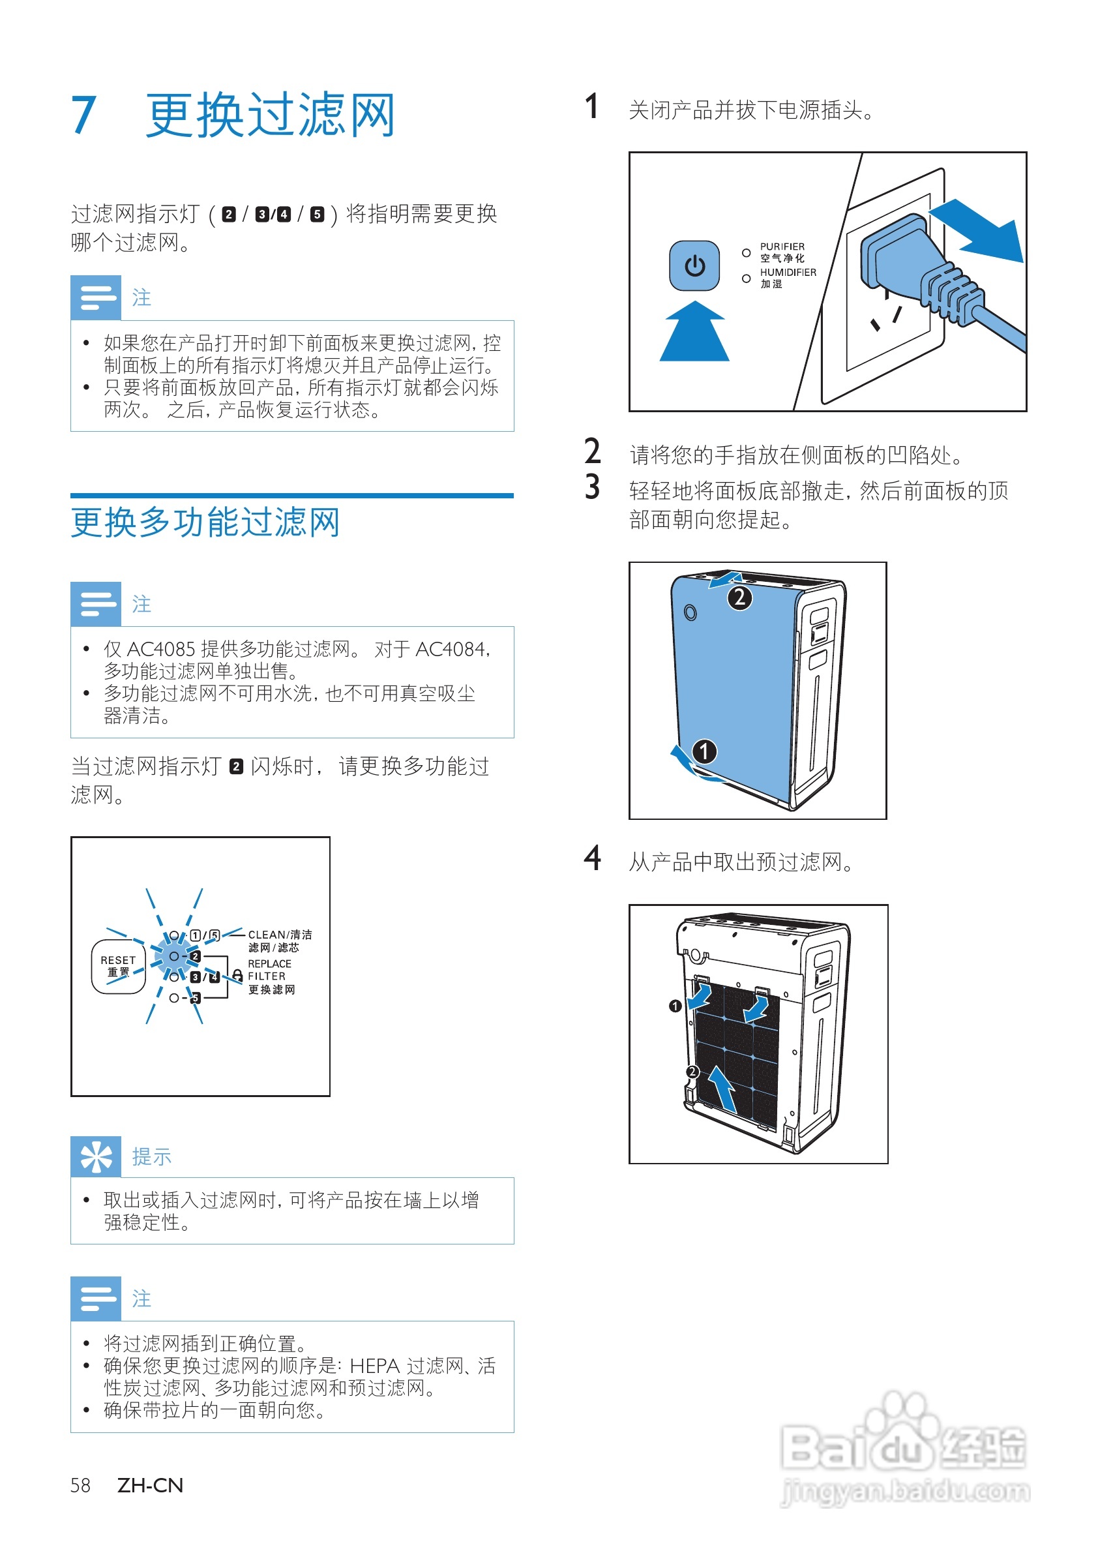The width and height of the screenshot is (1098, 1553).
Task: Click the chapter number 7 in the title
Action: [84, 115]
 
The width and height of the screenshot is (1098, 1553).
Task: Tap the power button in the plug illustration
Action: [694, 265]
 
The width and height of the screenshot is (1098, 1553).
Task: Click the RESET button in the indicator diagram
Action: [118, 966]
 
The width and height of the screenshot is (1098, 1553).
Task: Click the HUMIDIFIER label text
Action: [788, 272]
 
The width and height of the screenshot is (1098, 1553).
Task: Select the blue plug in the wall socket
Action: [906, 260]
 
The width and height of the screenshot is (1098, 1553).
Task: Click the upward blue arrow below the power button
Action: [694, 333]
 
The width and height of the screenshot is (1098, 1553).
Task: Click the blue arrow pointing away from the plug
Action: [981, 230]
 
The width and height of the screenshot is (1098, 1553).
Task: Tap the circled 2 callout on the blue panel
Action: [739, 597]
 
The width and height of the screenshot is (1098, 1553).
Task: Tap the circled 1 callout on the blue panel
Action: [704, 751]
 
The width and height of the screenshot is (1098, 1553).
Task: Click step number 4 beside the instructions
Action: [592, 858]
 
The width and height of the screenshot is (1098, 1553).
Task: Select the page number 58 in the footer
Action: [80, 1485]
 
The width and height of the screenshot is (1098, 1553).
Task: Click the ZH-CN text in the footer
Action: [150, 1485]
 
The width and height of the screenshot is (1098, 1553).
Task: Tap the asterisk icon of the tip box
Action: [96, 1156]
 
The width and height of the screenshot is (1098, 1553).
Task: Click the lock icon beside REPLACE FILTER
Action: [237, 974]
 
